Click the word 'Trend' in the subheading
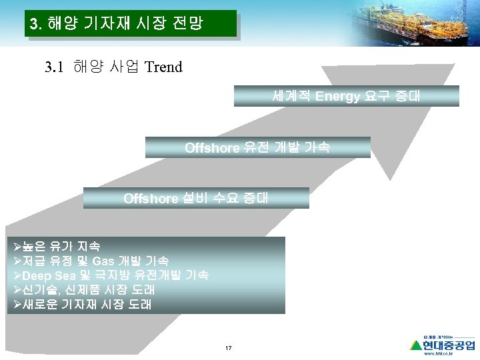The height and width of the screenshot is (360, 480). (163, 67)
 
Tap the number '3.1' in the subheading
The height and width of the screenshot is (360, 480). (55, 67)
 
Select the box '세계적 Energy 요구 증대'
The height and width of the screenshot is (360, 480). (346, 96)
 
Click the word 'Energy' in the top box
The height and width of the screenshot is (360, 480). (337, 96)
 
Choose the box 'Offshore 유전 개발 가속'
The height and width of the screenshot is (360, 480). (257, 147)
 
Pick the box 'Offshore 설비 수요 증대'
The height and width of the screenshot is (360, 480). (196, 198)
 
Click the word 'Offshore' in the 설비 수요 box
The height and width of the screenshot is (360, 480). (151, 198)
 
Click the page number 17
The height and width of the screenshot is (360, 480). (229, 349)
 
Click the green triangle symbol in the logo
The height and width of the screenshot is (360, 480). (416, 345)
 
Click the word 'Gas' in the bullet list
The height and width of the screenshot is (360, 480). (104, 261)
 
